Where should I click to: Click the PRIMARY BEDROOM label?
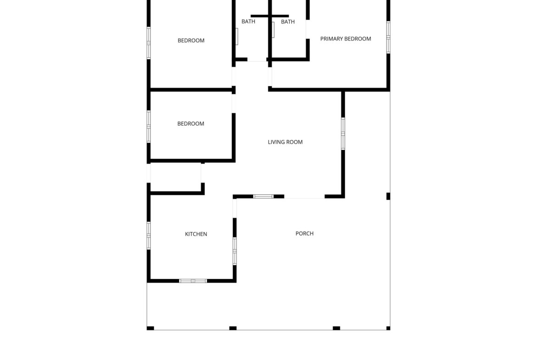[x=346, y=39]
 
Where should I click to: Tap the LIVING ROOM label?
[x=285, y=142]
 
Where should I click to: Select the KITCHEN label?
[x=196, y=234]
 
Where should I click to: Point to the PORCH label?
[x=304, y=233]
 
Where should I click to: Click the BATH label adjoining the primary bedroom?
[x=288, y=22]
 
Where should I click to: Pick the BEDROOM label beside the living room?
[x=191, y=123]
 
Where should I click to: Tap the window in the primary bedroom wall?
[x=388, y=37]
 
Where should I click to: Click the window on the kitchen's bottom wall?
[x=193, y=281]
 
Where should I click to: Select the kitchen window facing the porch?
[x=235, y=251]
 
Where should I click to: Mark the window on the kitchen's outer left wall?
[x=149, y=235]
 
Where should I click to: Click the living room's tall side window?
[x=343, y=134]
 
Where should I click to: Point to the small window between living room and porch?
[x=263, y=196]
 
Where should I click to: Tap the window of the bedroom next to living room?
[x=149, y=127]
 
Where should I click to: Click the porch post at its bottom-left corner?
[x=151, y=328]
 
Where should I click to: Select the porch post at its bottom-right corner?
[x=388, y=328]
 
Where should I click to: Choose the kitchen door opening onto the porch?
[x=235, y=208]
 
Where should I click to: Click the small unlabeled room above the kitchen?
[x=176, y=177]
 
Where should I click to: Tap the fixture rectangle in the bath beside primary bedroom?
[x=273, y=30]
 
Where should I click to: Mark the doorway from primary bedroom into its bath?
[x=308, y=29]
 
